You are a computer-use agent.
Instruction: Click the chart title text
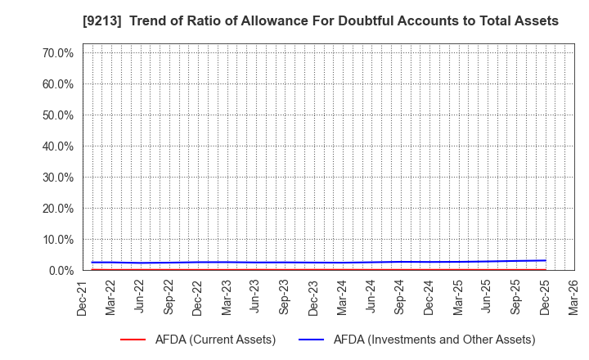[x=294, y=21]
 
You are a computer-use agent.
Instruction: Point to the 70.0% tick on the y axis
[x=60, y=52]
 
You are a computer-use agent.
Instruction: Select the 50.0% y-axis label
[x=60, y=115]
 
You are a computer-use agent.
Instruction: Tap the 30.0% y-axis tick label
[x=60, y=177]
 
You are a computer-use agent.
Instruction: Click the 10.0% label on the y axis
[x=60, y=239]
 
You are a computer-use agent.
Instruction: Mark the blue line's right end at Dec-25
[x=546, y=261]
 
